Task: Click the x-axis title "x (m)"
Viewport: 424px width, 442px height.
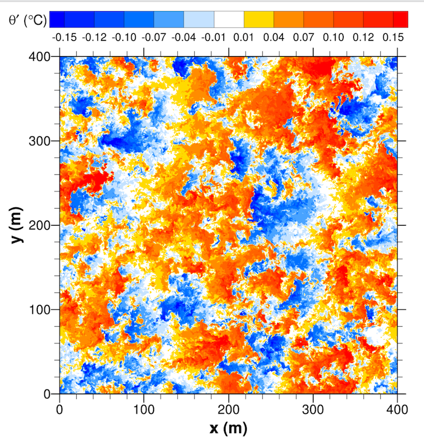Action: pos(228,428)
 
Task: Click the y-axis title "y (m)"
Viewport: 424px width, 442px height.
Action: pos(19,225)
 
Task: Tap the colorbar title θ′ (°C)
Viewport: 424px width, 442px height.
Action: pos(26,20)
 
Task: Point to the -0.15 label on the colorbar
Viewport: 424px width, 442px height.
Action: pos(64,37)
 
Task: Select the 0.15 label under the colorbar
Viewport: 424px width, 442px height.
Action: pos(392,37)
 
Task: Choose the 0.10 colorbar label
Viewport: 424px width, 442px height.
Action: pos(333,37)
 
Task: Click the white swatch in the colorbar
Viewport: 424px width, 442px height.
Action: pos(229,19)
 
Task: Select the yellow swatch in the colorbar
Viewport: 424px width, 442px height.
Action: pos(259,19)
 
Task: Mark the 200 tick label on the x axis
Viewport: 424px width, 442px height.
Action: pos(229,408)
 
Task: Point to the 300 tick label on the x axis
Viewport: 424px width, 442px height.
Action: pos(313,408)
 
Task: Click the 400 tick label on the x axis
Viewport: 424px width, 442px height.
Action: pos(397,408)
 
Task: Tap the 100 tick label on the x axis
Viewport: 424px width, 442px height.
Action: pos(144,408)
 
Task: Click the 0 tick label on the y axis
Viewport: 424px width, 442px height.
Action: pos(50,394)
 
